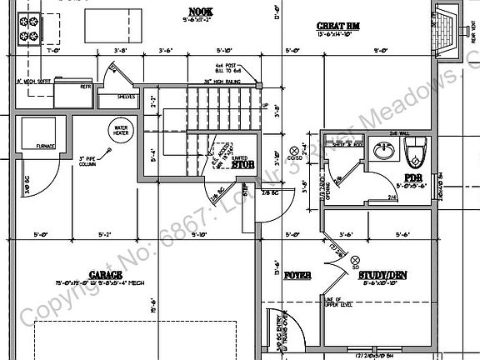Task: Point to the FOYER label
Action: tap(297, 274)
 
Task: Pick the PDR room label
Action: tap(414, 177)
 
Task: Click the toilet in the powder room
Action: tap(414, 152)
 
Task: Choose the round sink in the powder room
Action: tap(384, 152)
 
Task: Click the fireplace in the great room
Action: tap(448, 30)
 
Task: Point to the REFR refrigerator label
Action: tap(85, 86)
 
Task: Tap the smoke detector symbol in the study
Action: tap(356, 260)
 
